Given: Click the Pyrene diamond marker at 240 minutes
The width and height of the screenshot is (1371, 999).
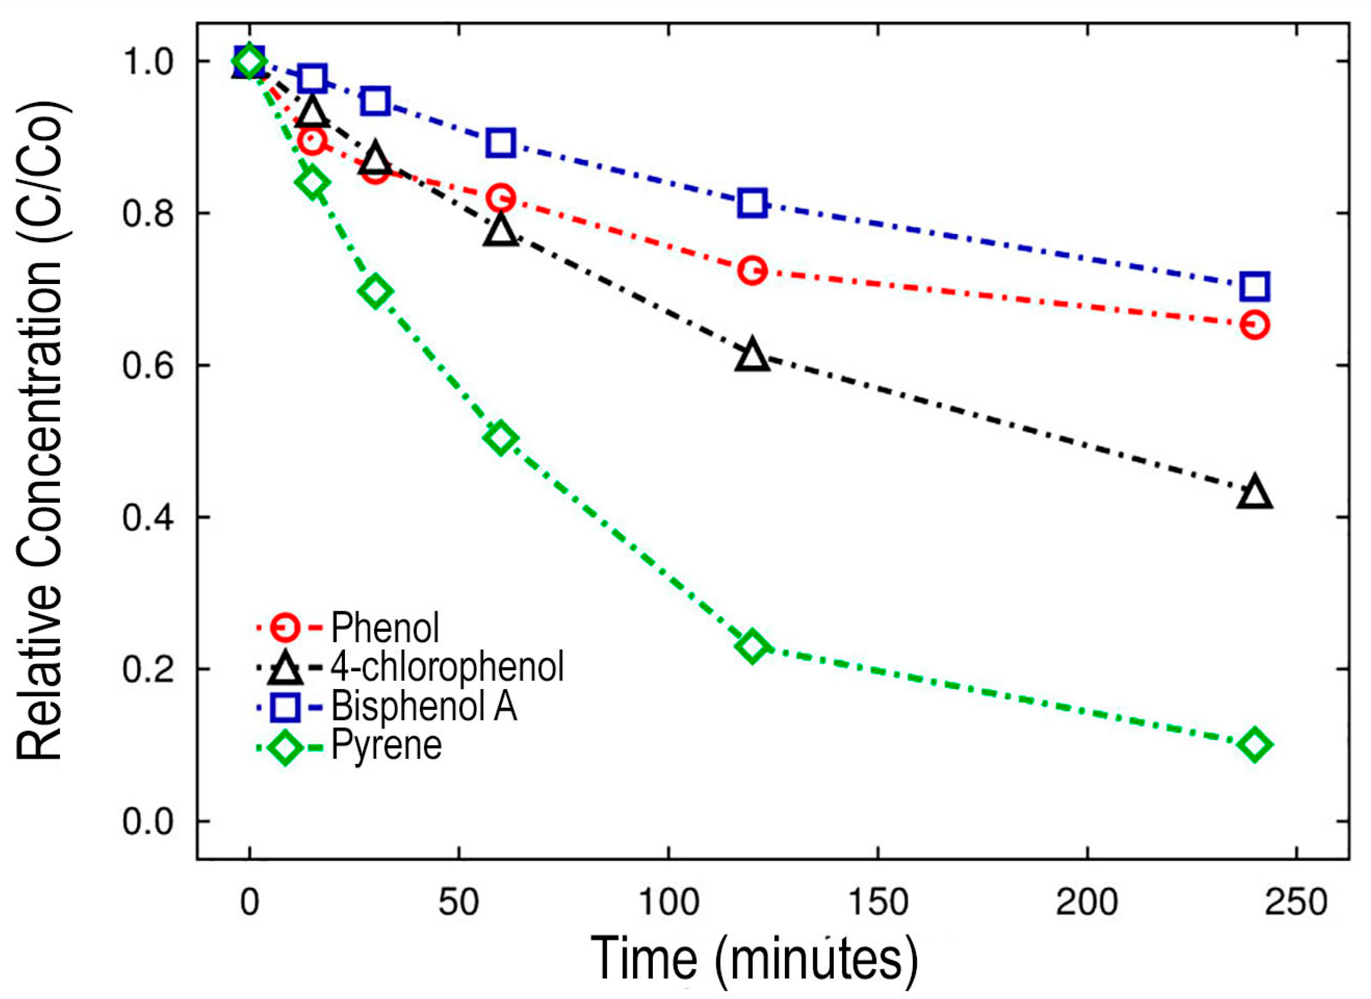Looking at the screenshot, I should [x=1254, y=744].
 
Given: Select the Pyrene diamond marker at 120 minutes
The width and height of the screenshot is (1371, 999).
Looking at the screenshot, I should [x=751, y=645].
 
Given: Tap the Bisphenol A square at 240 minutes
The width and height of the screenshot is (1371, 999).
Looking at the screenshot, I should [x=1254, y=285].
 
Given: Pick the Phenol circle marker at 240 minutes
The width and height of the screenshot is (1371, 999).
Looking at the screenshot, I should [x=1254, y=325].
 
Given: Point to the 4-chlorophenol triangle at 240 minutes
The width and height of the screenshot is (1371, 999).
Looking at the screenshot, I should [x=1254, y=492].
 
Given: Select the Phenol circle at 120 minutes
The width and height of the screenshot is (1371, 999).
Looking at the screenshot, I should [x=752, y=271].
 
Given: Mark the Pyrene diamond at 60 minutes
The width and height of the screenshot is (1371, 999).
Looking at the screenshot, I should [x=500, y=438].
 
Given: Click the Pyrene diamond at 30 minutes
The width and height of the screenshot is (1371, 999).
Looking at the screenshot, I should [x=375, y=292].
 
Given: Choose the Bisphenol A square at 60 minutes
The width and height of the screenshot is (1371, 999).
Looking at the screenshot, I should [x=501, y=143].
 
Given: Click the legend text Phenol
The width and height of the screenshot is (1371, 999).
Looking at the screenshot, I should [x=385, y=628].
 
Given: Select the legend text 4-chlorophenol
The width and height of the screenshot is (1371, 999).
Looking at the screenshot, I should [x=447, y=666].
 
